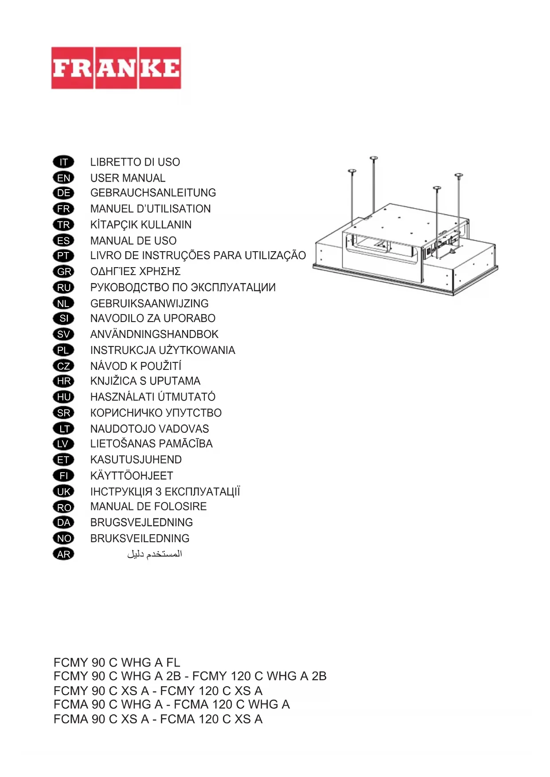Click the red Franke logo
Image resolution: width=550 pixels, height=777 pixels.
pyautogui.click(x=116, y=68)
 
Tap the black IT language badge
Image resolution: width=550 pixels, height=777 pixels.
pyautogui.click(x=63, y=162)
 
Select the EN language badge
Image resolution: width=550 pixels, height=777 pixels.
pyautogui.click(x=63, y=178)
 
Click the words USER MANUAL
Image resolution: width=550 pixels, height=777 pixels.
pyautogui.click(x=128, y=178)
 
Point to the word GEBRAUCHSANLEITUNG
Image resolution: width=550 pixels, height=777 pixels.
pyautogui.click(x=153, y=193)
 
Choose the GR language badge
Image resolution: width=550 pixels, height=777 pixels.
pyautogui.click(x=63, y=272)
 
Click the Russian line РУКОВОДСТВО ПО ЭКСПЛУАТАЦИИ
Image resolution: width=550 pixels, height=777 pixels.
pyautogui.click(x=183, y=287)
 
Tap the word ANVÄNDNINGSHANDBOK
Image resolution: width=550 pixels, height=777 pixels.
pyautogui.click(x=154, y=334)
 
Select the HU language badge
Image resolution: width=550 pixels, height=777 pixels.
pyautogui.click(x=63, y=397)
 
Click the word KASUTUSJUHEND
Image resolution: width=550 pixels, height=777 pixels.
pyautogui.click(x=136, y=460)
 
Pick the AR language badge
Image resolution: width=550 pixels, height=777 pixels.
pyautogui.click(x=63, y=554)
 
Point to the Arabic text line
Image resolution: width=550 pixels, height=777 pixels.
pyautogui.click(x=154, y=554)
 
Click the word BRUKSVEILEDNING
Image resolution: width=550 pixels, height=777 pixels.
pyautogui.click(x=140, y=539)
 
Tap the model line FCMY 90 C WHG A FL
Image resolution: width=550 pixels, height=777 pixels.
pyautogui.click(x=117, y=663)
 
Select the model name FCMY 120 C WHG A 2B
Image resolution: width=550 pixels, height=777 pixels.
pyautogui.click(x=259, y=676)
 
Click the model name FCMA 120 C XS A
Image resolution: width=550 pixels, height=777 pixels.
pyautogui.click(x=211, y=719)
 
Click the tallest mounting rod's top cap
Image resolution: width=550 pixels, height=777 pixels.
pyautogui.click(x=374, y=158)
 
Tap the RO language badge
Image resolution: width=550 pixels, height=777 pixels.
pyautogui.click(x=63, y=507)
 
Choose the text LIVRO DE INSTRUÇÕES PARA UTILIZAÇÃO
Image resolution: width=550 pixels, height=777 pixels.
pyautogui.click(x=198, y=256)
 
